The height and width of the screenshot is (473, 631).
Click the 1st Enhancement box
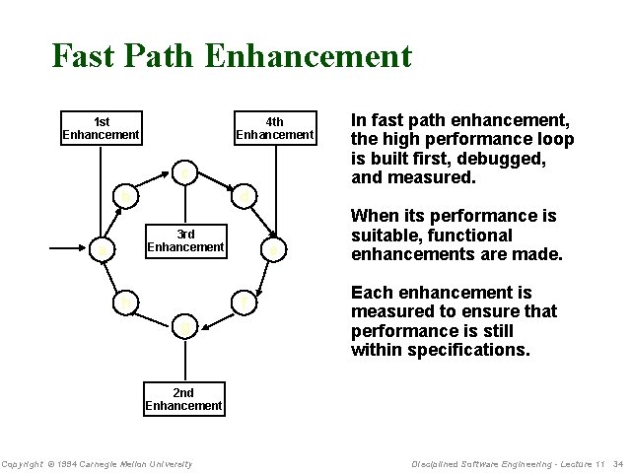[x=101, y=128]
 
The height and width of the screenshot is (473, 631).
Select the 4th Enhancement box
[x=275, y=128]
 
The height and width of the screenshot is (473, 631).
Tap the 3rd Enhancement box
[x=185, y=240]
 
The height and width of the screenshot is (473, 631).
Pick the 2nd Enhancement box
[x=183, y=399]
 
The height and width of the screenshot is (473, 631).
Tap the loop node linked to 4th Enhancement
[x=275, y=251]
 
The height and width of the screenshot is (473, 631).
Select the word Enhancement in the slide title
[x=309, y=56]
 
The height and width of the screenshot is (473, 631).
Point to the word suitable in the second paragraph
[x=383, y=236]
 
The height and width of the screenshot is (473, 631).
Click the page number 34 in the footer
[x=617, y=464]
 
